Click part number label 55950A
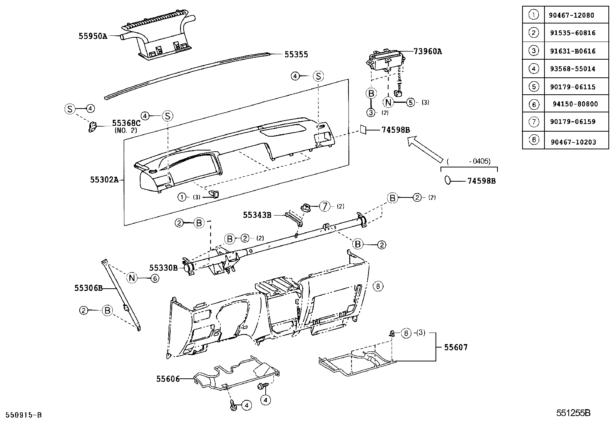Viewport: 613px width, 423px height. [92, 36]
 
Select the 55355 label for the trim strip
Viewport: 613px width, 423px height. [296, 55]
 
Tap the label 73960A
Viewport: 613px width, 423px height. [427, 51]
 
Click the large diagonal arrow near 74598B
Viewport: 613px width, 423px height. [425, 149]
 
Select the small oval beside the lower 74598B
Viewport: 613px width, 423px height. [447, 180]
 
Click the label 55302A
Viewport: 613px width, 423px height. [104, 179]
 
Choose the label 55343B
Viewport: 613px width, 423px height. [257, 215]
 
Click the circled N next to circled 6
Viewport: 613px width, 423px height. [132, 278]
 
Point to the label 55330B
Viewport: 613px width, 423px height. [163, 268]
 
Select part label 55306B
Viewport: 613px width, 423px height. [88, 288]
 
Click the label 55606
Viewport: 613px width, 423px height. [168, 379]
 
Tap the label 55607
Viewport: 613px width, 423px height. [456, 347]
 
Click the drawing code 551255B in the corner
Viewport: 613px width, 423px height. [573, 413]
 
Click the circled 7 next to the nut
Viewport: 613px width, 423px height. [325, 206]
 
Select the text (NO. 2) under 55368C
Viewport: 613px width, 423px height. [126, 130]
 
